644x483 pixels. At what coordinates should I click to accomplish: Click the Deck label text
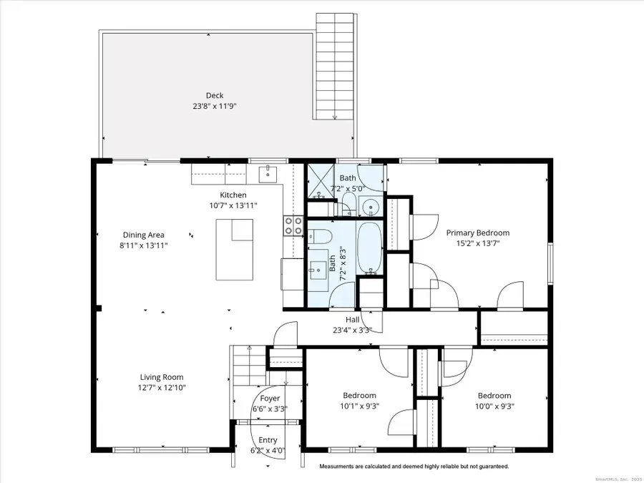(x=214, y=95)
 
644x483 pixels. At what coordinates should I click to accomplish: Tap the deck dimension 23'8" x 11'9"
(x=214, y=106)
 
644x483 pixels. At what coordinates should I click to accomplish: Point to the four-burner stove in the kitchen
(x=293, y=226)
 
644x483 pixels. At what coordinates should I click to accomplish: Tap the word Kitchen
(x=233, y=195)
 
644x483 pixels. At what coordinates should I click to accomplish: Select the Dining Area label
(x=143, y=235)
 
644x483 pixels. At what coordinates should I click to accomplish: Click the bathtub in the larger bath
(x=369, y=248)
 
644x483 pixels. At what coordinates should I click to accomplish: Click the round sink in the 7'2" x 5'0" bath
(x=371, y=207)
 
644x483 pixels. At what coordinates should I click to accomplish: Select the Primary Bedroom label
(x=478, y=233)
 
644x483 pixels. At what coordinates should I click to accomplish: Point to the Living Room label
(x=161, y=377)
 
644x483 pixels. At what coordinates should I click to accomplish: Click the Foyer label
(x=270, y=399)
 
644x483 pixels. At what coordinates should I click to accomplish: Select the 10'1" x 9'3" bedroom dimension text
(x=359, y=406)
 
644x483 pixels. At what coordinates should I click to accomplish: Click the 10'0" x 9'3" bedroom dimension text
(x=494, y=406)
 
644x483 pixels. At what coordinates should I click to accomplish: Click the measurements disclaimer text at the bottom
(x=414, y=466)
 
